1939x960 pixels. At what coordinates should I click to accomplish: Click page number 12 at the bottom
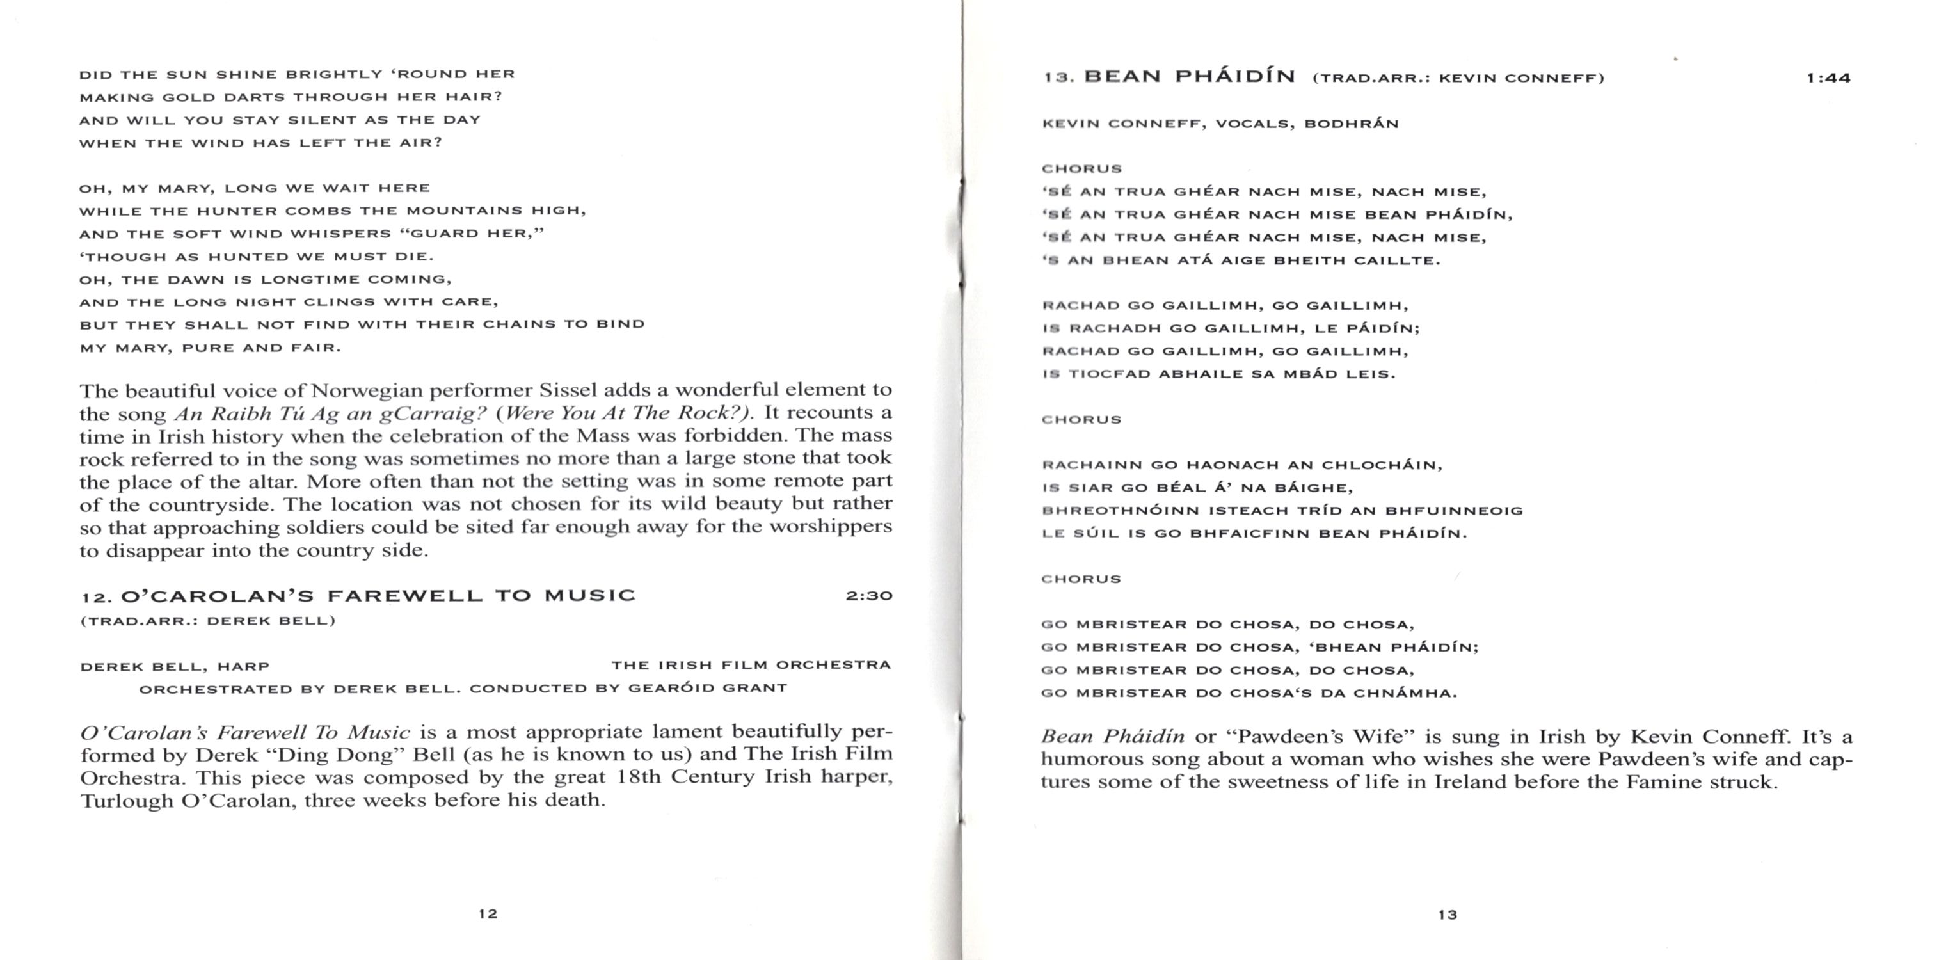pyautogui.click(x=488, y=913)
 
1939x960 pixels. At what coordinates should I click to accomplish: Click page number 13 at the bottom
pyautogui.click(x=1448, y=915)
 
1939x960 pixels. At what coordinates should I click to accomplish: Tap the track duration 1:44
pyautogui.click(x=1828, y=77)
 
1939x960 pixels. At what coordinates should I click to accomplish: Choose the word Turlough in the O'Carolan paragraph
pyautogui.click(x=127, y=799)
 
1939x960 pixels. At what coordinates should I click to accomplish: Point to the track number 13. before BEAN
pyautogui.click(x=1059, y=77)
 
